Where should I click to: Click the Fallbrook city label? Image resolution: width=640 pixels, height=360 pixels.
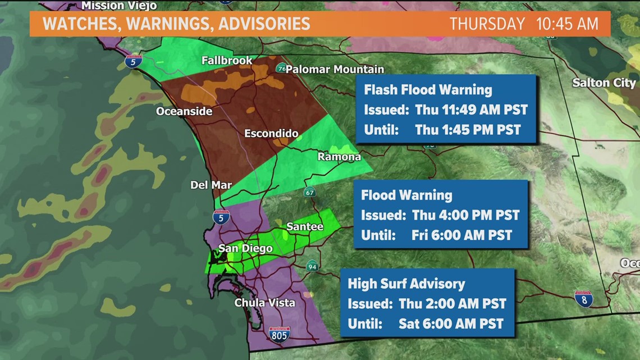tap(227, 60)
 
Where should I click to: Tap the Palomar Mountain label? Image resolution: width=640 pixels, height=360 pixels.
tap(335, 69)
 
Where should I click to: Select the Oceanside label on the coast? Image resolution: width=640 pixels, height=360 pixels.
tap(184, 111)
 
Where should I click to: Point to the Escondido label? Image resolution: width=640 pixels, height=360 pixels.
tap(271, 134)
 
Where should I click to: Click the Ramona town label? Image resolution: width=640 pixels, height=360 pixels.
tap(339, 157)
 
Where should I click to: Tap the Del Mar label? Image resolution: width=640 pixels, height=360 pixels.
tap(211, 185)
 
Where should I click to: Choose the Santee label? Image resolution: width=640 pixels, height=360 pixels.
tap(305, 226)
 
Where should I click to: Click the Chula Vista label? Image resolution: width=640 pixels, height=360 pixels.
tap(264, 303)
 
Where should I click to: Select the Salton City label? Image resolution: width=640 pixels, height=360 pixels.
tap(604, 83)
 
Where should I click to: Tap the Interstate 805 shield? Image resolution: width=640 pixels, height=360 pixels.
tap(279, 334)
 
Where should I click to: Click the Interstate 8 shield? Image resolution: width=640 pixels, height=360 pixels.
tap(583, 299)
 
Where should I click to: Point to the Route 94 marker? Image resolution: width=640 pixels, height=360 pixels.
tap(312, 265)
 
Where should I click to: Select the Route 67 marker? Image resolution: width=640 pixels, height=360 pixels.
tap(309, 192)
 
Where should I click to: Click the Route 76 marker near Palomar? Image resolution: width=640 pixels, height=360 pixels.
tap(281, 69)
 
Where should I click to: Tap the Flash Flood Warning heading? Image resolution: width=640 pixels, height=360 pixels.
tap(428, 90)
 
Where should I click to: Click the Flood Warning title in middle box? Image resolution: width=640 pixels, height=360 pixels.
tap(406, 195)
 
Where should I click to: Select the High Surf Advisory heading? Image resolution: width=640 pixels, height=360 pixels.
tap(406, 284)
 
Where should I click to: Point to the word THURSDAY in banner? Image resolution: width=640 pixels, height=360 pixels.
tap(487, 24)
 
